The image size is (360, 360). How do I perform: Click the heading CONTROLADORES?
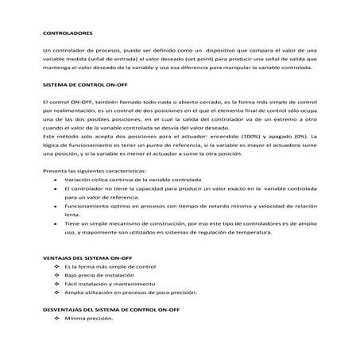[67, 35]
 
